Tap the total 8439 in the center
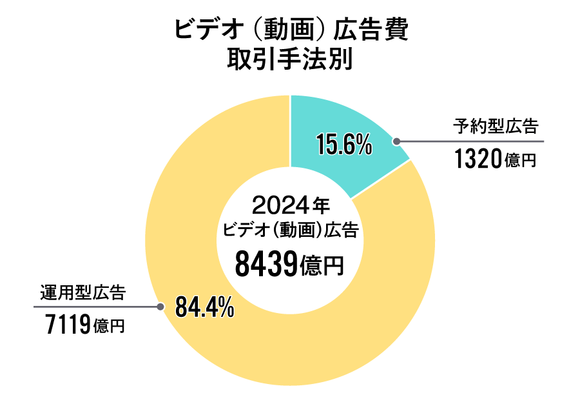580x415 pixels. (x=264, y=264)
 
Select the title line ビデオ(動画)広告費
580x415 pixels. (x=291, y=30)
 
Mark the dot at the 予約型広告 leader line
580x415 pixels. (x=397, y=141)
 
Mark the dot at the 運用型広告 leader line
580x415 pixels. (x=159, y=307)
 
